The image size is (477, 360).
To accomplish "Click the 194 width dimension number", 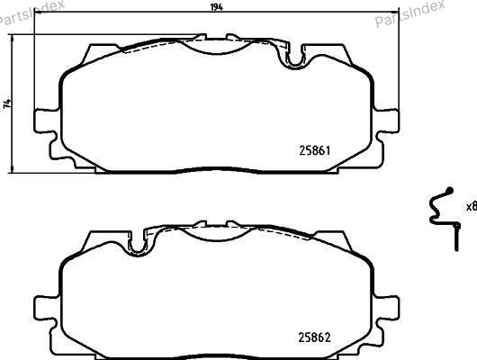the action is pyautogui.click(x=217, y=7).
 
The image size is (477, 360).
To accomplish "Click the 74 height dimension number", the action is pyautogui.click(x=7, y=103).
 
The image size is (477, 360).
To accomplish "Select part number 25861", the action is pyautogui.click(x=315, y=150).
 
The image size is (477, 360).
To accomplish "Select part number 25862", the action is pyautogui.click(x=314, y=337).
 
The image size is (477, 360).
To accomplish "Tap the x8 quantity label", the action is pyautogui.click(x=472, y=207).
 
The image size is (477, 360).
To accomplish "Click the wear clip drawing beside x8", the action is pyautogui.click(x=444, y=218).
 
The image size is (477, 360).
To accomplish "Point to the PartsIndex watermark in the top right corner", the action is pyautogui.click(x=409, y=13).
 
